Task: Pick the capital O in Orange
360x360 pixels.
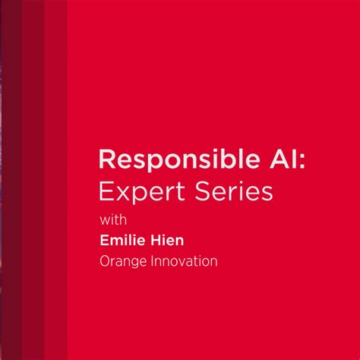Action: click(105, 261)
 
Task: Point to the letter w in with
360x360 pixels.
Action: click(105, 222)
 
